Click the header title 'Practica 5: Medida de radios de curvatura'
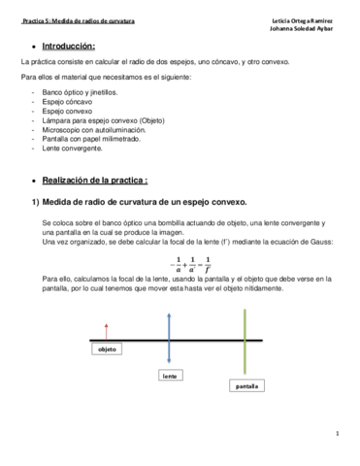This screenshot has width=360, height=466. (79, 19)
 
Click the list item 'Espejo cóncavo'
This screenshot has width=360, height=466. (68, 101)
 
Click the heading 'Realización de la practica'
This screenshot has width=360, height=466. (96, 181)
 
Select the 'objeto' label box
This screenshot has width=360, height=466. (108, 349)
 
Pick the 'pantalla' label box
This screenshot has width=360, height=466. (246, 385)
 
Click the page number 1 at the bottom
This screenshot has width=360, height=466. (337, 434)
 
